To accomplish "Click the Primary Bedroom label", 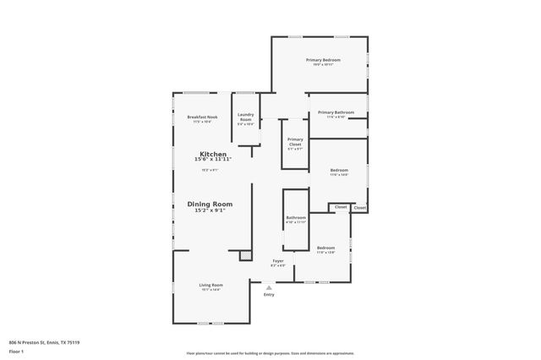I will click(x=323, y=60).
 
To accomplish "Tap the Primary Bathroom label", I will click(x=336, y=112).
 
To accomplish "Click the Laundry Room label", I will click(x=245, y=117).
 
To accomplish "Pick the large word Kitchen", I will click(x=212, y=154).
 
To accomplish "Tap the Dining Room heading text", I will click(x=210, y=204).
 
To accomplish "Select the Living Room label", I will click(x=210, y=285).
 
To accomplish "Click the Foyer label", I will click(x=277, y=261).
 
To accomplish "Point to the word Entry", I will click(x=269, y=294).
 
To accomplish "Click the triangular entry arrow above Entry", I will click(x=269, y=286).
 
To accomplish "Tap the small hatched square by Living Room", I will click(x=245, y=254).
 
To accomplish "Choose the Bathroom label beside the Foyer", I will click(x=296, y=218).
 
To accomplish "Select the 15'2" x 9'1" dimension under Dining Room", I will click(x=210, y=210).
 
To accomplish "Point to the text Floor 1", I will click(x=16, y=350).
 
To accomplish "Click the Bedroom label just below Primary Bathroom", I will click(x=338, y=170).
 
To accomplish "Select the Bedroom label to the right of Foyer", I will click(x=326, y=248).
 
